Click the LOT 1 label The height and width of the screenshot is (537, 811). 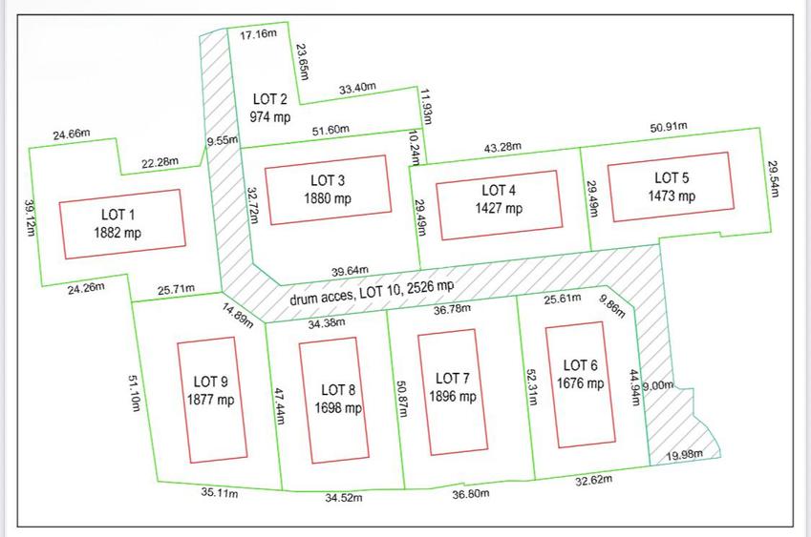tap(117, 215)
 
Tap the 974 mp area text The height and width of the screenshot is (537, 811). tap(270, 116)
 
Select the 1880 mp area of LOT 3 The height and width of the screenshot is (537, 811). tap(328, 197)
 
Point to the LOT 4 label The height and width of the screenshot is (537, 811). tap(499, 190)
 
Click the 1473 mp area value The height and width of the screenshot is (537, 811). tap(672, 196)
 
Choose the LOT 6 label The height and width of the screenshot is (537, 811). tap(580, 365)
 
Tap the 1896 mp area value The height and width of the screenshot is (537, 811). tap(453, 397)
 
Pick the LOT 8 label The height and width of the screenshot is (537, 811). tap(338, 390)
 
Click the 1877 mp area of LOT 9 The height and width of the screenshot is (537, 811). tap(210, 400)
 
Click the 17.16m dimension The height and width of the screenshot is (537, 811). tap(258, 34)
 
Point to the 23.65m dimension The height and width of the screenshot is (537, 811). tap(303, 62)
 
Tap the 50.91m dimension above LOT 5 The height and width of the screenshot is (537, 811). tap(669, 127)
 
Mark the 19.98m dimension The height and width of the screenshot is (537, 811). tap(684, 455)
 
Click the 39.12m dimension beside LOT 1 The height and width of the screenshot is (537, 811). tap(30, 217)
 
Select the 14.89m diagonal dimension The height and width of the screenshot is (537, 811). tap(238, 316)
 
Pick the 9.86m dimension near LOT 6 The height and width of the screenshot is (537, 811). tap(612, 305)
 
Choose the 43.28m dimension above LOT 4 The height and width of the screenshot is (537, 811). tap(502, 147)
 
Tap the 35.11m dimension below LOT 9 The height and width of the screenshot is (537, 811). tap(220, 492)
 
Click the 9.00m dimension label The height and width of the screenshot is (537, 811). tap(658, 385)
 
